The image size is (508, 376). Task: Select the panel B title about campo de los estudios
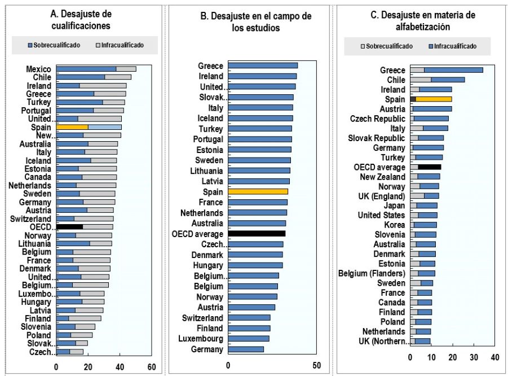coord(255,22)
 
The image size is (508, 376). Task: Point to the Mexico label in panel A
coord(38,69)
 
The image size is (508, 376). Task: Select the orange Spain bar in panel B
coord(258,192)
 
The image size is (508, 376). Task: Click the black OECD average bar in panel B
coord(257,234)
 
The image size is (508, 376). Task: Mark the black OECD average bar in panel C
coord(429,167)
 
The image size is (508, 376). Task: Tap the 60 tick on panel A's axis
coord(151,368)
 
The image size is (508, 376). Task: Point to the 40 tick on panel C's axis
coord(494,357)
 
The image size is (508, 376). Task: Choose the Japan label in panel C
coord(394,206)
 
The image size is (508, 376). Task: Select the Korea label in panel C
coord(394,225)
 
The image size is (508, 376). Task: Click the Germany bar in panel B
coord(246,349)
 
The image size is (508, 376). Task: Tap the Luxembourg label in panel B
coord(201,339)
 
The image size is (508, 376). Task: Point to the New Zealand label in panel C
coord(382,177)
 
